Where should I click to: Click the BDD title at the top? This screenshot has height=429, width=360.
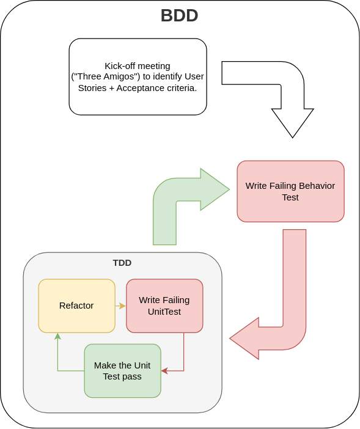[179, 15]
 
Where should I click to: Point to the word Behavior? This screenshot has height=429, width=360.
[317, 186]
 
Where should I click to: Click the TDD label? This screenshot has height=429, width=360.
[122, 263]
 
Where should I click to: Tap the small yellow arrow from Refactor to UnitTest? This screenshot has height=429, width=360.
[120, 306]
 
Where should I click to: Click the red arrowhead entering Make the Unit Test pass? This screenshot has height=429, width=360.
[164, 371]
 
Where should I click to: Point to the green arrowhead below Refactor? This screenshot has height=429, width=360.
[57, 336]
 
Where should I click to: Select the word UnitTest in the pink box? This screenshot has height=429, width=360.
[164, 312]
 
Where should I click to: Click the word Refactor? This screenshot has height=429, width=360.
[76, 306]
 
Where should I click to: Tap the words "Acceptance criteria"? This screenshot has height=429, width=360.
[156, 87]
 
